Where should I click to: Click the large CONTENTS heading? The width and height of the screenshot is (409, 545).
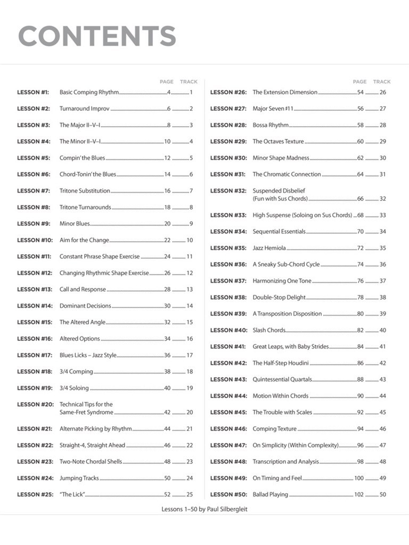97,36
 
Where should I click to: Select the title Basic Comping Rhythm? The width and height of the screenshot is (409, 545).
89,92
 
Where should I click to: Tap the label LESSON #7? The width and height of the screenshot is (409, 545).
34,191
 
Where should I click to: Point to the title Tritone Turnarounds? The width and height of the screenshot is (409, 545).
85,207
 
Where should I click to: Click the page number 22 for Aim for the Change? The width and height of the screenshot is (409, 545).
167,240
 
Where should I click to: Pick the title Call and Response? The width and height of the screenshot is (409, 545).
83,290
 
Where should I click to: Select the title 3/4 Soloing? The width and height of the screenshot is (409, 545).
74,388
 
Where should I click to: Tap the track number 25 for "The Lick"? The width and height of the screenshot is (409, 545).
190,494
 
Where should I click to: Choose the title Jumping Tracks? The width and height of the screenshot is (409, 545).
79,478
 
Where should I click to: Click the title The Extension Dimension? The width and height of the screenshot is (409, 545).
285,92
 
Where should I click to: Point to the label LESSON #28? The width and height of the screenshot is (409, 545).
228,125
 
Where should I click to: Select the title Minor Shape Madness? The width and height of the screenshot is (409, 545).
281,158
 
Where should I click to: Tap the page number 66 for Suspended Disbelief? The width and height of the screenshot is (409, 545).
360,199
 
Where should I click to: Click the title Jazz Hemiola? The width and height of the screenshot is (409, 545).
269,248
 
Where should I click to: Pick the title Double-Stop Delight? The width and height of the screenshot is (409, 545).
279,298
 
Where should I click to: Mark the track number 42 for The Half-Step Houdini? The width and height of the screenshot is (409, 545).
382,363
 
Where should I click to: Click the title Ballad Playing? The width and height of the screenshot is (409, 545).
270,494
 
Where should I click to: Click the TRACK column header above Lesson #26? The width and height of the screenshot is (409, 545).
382,81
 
